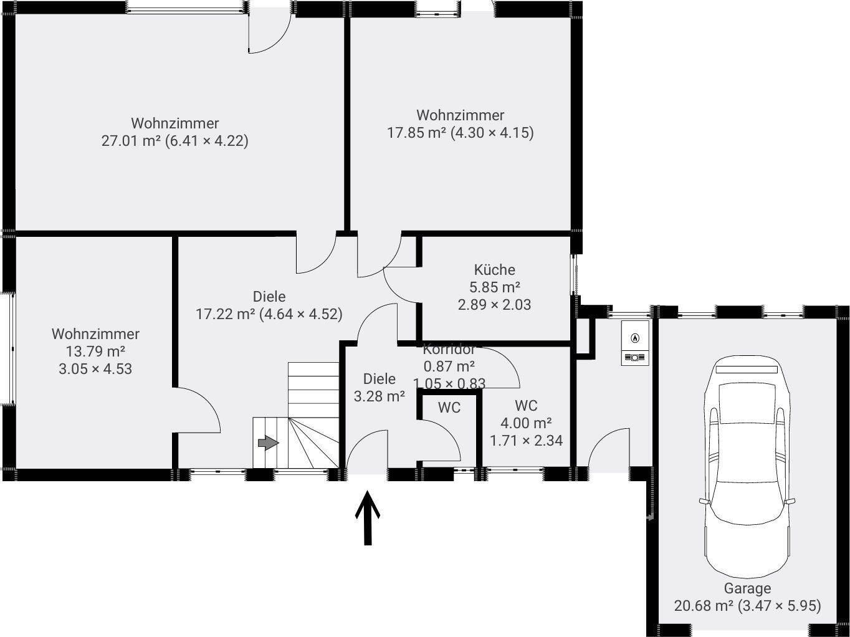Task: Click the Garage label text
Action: (747, 588)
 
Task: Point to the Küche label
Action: (495, 270)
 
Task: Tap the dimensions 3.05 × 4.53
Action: (95, 369)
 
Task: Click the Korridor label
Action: (449, 349)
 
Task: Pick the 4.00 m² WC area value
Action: (526, 423)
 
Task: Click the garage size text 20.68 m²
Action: (704, 605)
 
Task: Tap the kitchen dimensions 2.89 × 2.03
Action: (494, 305)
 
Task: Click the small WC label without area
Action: (449, 408)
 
